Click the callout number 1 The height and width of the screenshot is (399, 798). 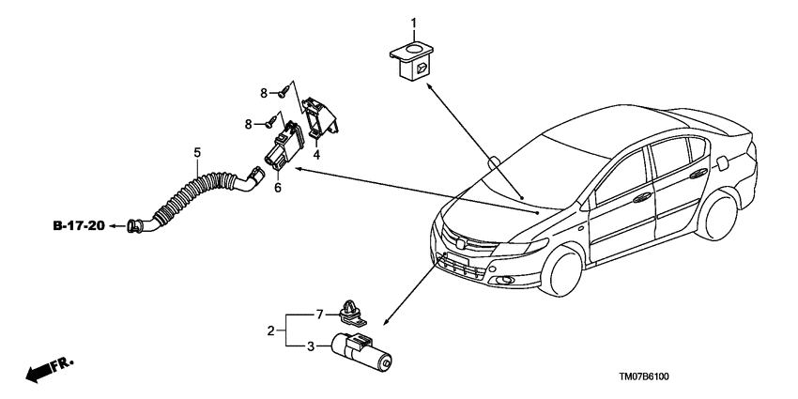[413, 23]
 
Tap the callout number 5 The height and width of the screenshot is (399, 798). [197, 152]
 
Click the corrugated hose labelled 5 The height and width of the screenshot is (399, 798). [195, 201]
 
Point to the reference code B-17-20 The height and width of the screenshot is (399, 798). [79, 225]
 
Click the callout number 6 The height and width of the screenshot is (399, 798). [278, 188]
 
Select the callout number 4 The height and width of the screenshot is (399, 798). [316, 155]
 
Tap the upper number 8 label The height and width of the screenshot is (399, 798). [264, 93]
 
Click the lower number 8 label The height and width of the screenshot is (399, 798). [249, 124]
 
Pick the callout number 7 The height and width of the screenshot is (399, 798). [319, 315]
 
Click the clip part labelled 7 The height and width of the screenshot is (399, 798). [351, 314]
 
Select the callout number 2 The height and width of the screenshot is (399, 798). [270, 330]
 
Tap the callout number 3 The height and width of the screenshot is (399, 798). [310, 347]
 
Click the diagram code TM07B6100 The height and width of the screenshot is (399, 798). [644, 376]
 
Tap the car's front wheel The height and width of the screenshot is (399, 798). [561, 270]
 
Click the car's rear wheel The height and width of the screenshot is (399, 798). [717, 215]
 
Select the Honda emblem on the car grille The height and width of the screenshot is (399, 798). [460, 244]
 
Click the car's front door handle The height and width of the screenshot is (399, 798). [643, 198]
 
